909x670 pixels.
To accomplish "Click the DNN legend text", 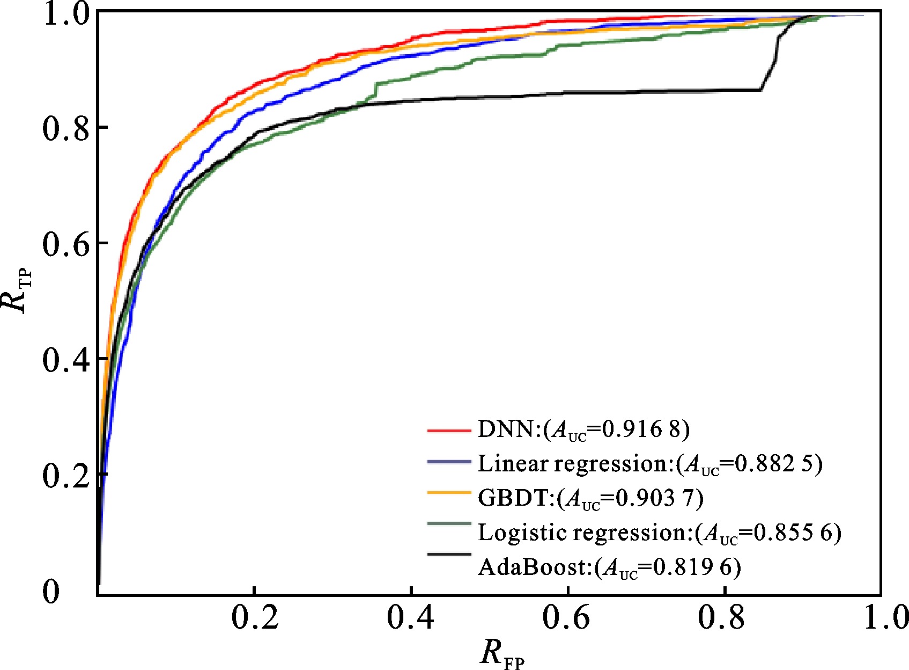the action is point(583,430).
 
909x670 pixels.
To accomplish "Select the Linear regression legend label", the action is point(650,464).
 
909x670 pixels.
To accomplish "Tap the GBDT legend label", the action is point(590,498).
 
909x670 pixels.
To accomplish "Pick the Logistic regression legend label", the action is point(660,532).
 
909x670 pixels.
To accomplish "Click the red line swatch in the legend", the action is point(449,429).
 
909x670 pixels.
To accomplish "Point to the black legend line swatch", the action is point(449,554).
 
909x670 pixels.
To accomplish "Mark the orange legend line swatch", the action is point(449,492).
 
